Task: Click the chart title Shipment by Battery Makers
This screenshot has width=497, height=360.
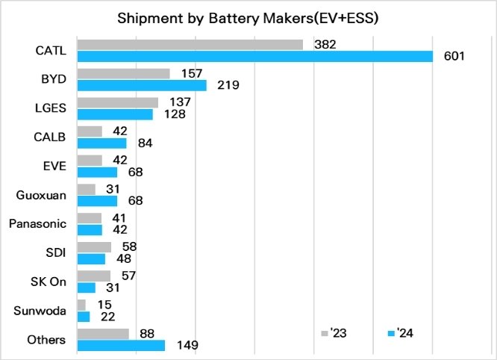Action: (x=248, y=19)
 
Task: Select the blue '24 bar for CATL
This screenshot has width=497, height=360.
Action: (x=254, y=57)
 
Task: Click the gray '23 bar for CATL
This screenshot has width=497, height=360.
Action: (x=190, y=45)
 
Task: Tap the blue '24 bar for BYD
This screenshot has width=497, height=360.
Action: (x=141, y=85)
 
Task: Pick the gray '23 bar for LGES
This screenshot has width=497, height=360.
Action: (x=117, y=102)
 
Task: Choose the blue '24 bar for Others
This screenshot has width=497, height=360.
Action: (x=120, y=346)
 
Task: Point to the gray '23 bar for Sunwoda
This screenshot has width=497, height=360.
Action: (x=81, y=305)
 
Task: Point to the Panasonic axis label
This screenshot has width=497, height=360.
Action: (x=37, y=224)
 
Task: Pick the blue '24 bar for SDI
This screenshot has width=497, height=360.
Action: (x=91, y=258)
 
